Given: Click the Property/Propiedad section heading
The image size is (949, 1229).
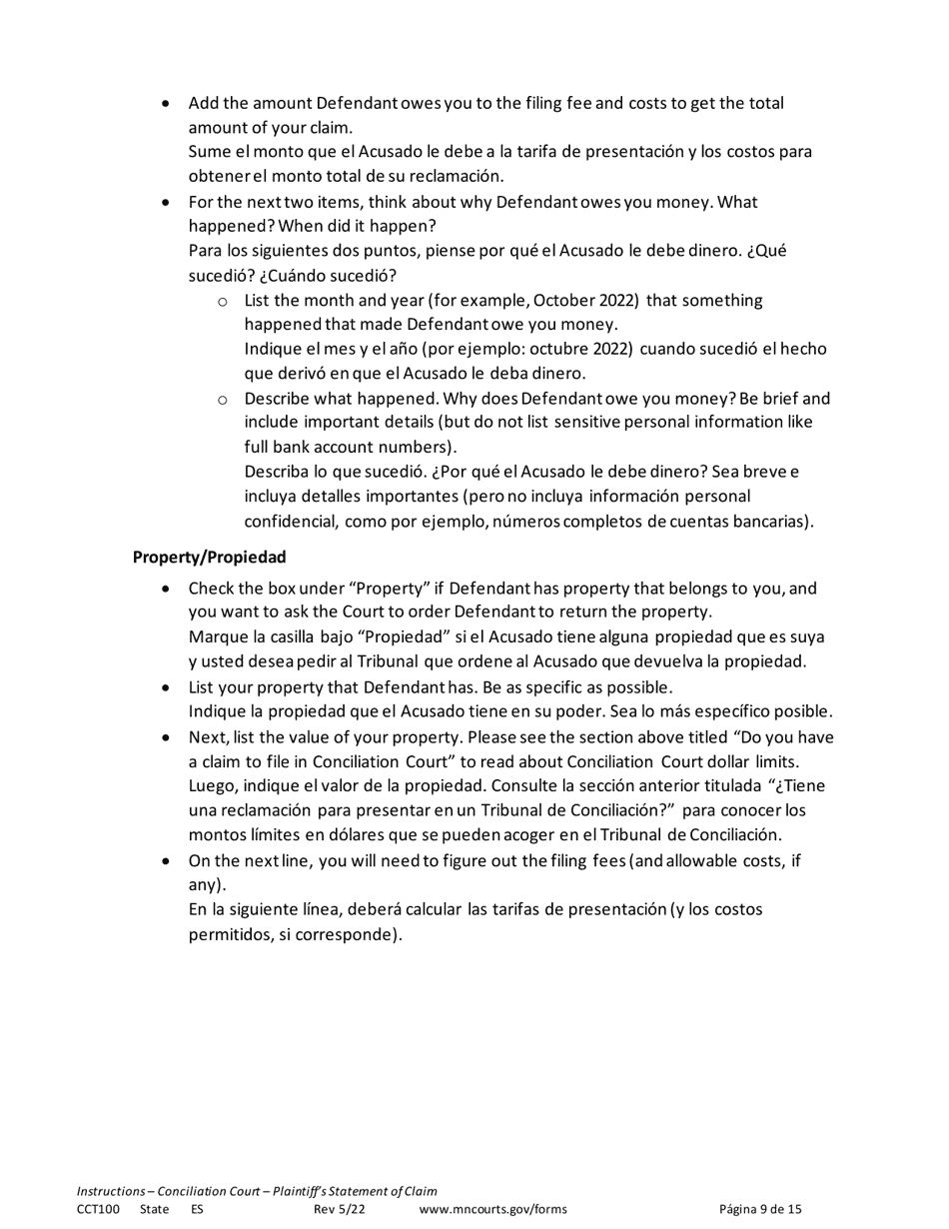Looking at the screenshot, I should pyautogui.click(x=209, y=557).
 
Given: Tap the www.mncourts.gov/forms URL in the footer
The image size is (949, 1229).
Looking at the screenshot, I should pyautogui.click(x=492, y=1209).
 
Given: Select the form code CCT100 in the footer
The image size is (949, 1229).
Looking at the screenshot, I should pyautogui.click(x=98, y=1209).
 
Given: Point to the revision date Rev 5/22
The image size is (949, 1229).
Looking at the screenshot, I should pyautogui.click(x=340, y=1209).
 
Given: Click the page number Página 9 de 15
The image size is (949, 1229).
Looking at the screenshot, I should pyautogui.click(x=760, y=1209).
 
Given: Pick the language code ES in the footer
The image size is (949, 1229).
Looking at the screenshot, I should pyautogui.click(x=197, y=1209).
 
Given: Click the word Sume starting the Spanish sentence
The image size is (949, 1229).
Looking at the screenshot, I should pyautogui.click(x=209, y=153).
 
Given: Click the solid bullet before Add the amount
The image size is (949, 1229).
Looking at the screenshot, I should pyautogui.click(x=166, y=104).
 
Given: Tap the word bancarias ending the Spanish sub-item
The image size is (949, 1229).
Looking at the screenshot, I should pyautogui.click(x=766, y=521).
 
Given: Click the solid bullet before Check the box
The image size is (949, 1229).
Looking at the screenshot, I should pyautogui.click(x=166, y=590).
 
